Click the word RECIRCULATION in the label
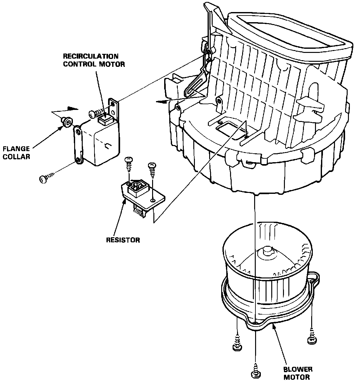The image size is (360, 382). (91, 56)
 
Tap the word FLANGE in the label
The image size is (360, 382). (16, 149)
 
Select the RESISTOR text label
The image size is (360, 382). (123, 240)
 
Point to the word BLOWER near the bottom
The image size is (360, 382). (298, 369)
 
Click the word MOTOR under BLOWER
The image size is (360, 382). (297, 377)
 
